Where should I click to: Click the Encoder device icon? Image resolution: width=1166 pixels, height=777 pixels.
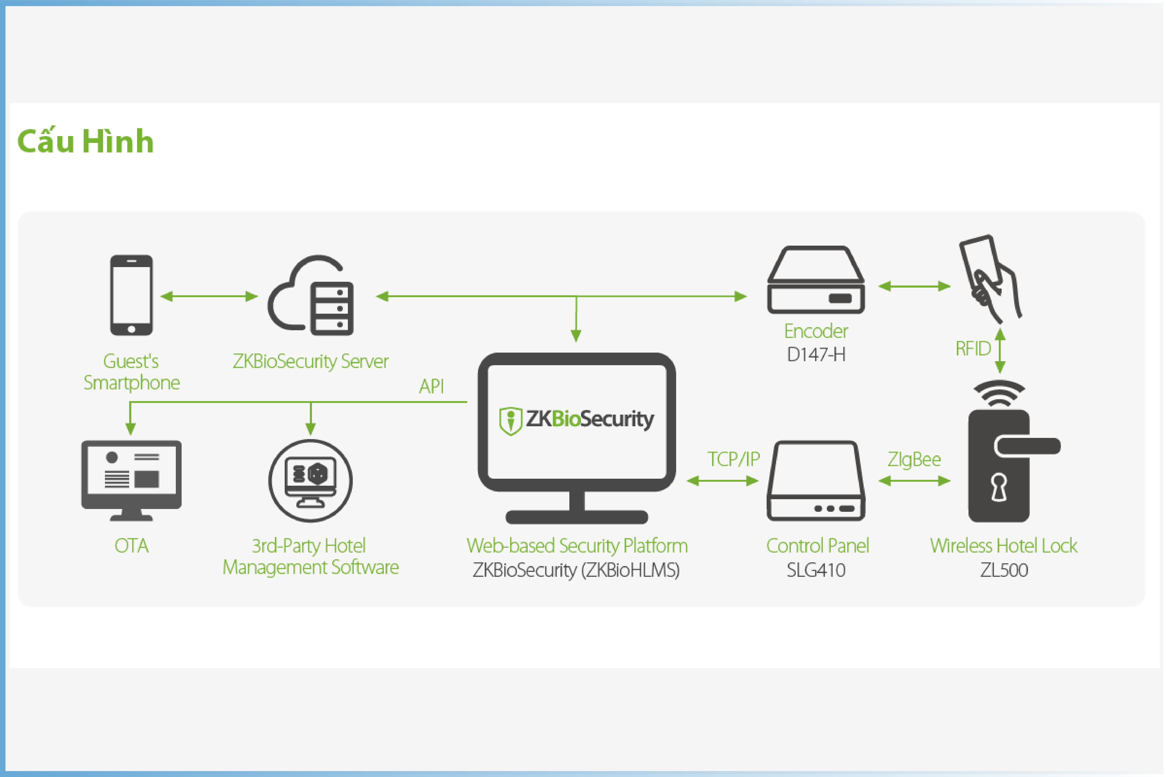[816, 280]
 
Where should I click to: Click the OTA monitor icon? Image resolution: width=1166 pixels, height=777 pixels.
[131, 480]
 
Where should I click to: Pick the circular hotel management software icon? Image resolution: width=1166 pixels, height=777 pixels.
[311, 481]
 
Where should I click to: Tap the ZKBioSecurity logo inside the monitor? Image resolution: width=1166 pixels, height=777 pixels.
[577, 420]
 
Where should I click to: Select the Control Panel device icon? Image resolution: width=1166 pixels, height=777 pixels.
[816, 481]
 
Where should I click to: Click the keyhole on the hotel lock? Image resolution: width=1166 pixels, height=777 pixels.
[999, 487]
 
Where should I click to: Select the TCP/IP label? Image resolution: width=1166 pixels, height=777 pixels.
[733, 459]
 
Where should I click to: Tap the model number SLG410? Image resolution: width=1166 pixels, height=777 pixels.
[816, 570]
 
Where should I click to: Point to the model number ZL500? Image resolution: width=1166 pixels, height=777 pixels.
[1004, 570]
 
